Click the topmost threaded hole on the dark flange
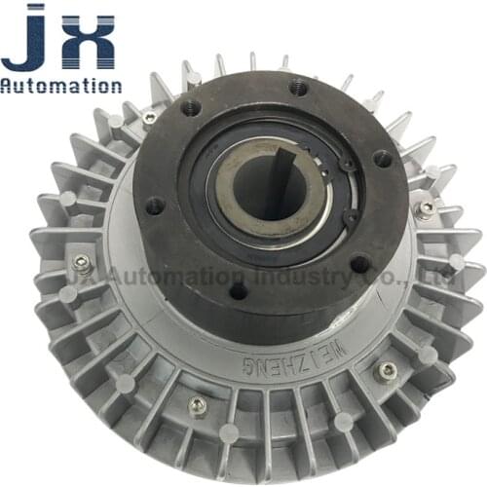click(x=298, y=89)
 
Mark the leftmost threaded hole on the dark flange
click(x=154, y=206)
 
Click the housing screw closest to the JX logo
click(x=148, y=119)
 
